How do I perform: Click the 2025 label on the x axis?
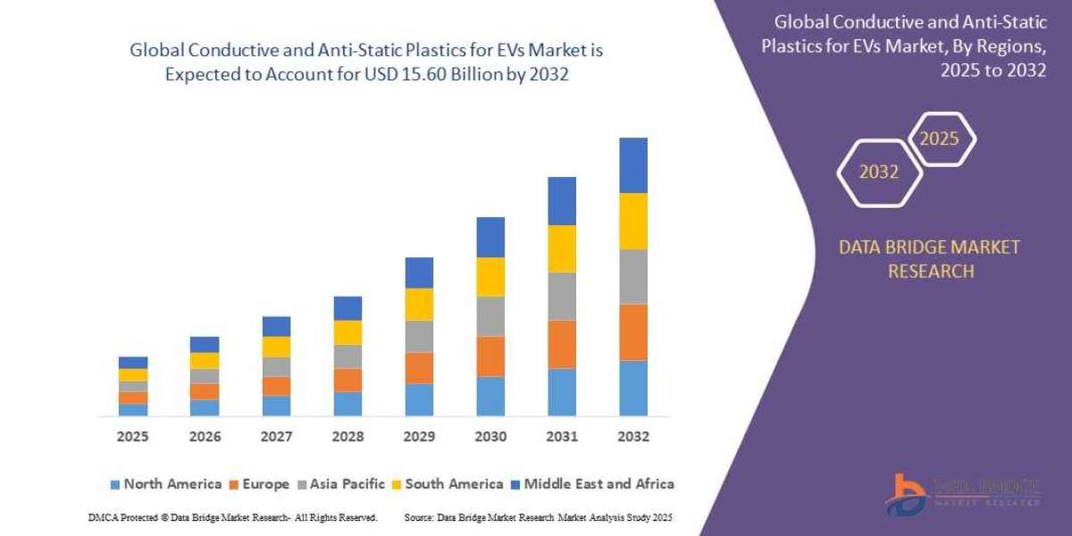(x=132, y=437)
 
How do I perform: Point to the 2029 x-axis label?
(x=419, y=437)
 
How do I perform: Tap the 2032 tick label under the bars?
(x=633, y=437)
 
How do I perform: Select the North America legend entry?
(x=165, y=484)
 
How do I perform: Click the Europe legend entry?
(x=261, y=484)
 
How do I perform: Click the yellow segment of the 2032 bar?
(x=633, y=221)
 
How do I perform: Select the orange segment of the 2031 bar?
(x=562, y=344)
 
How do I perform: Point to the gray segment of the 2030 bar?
(x=490, y=316)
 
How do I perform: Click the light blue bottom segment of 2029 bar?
(x=419, y=399)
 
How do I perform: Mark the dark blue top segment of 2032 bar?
(x=633, y=165)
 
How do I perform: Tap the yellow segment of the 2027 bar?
(x=276, y=347)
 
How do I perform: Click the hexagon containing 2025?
(x=940, y=139)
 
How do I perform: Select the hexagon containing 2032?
(x=878, y=172)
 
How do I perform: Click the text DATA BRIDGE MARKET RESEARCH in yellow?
(x=929, y=259)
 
